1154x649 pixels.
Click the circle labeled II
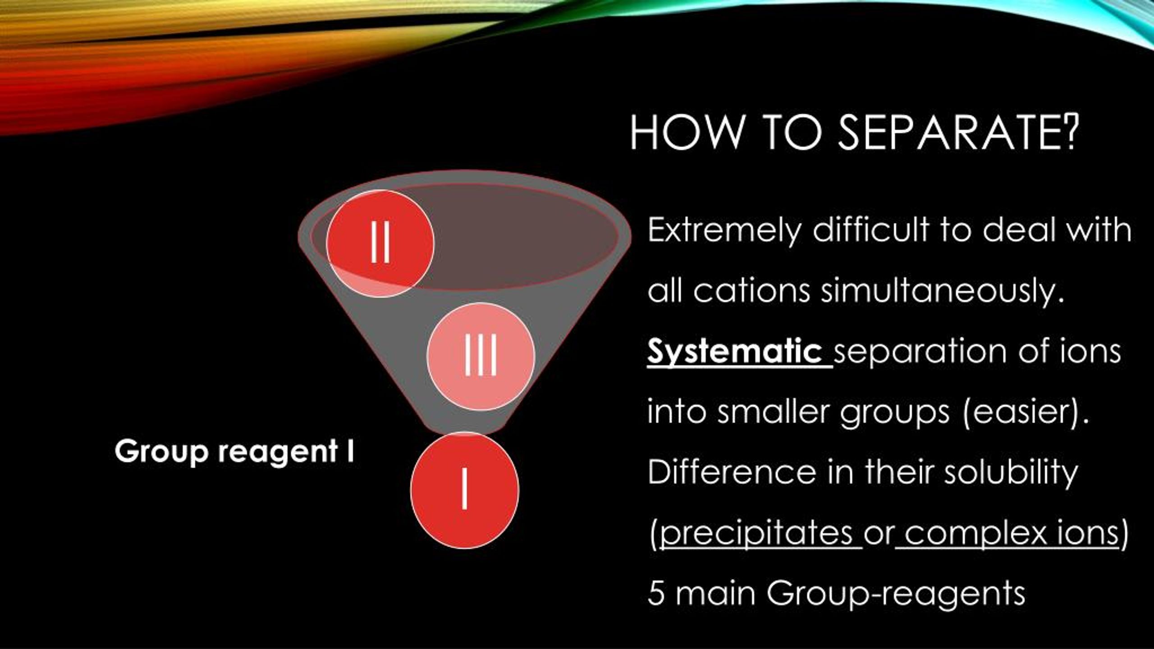[x=380, y=243]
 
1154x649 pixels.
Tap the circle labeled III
[x=481, y=356]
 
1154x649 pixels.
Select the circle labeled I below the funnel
[x=465, y=490]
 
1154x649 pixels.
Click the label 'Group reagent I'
[x=234, y=452]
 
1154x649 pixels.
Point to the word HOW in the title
[x=686, y=133]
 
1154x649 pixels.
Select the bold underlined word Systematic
[x=734, y=352]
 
